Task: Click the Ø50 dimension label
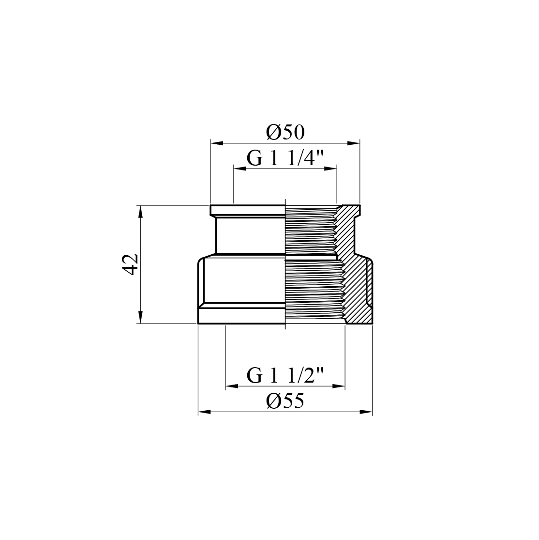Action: click(x=285, y=133)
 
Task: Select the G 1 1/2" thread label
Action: click(x=285, y=376)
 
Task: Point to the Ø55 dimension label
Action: click(x=285, y=401)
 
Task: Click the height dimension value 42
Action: click(x=131, y=264)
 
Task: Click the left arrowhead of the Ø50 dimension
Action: click(x=217, y=143)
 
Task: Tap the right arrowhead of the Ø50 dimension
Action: click(x=354, y=143)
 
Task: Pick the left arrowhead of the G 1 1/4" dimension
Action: click(x=240, y=169)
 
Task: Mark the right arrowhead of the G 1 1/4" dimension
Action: click(x=330, y=169)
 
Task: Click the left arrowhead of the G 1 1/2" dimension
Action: click(x=231, y=386)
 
